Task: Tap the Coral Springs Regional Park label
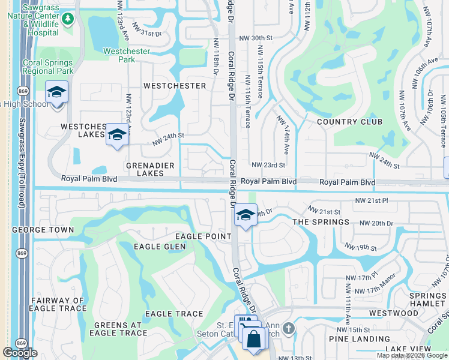(47, 67)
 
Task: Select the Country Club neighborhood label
(349, 122)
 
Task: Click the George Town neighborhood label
(43, 230)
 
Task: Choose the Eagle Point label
(202, 237)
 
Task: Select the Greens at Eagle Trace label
(117, 329)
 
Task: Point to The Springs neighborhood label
(321, 222)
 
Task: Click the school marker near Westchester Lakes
(118, 134)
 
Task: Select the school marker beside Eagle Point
(245, 215)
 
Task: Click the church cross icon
(289, 329)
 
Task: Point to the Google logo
(20, 353)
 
